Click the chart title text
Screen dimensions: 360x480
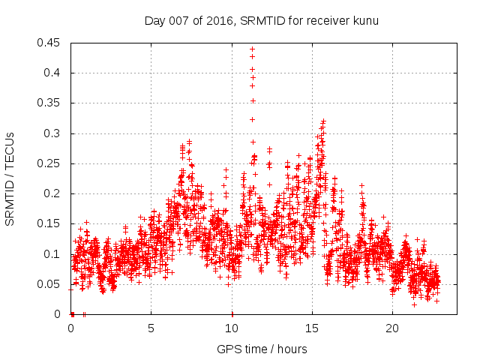[x=262, y=20]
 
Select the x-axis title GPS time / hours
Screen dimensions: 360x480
[x=262, y=349]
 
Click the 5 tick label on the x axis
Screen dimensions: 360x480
[x=151, y=328]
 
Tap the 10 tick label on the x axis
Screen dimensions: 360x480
[x=231, y=328]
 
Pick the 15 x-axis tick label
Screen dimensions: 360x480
[x=311, y=328]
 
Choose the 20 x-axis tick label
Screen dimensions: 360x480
[x=391, y=328]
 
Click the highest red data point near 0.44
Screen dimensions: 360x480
[x=252, y=49]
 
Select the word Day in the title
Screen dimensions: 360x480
[x=154, y=20]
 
